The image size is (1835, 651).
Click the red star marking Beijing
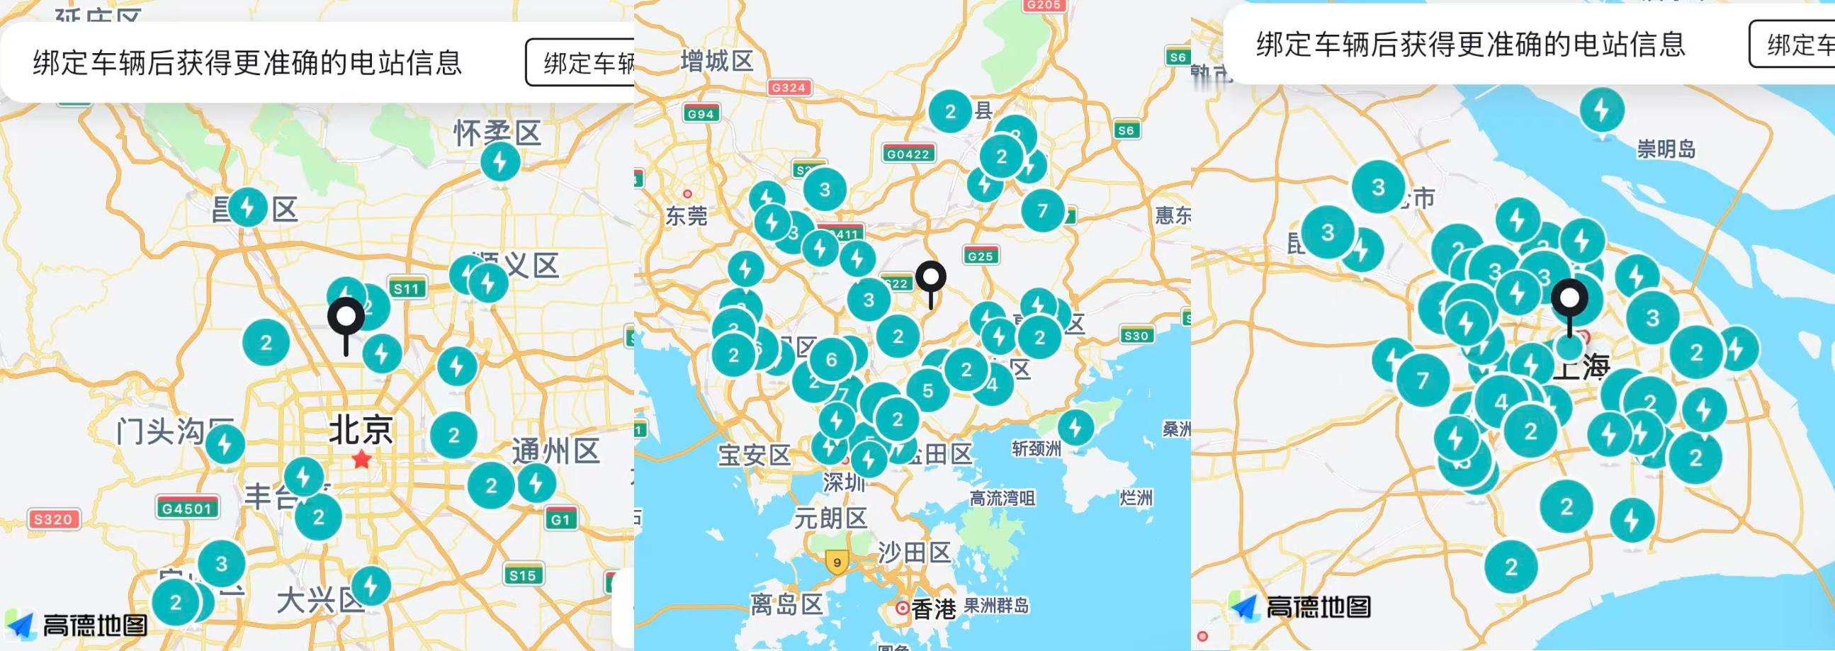[x=362, y=459]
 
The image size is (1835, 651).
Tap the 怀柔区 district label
[x=498, y=132]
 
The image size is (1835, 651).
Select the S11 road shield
[x=407, y=288]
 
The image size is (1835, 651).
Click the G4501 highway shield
[x=186, y=508]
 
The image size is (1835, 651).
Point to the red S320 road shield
[x=53, y=519]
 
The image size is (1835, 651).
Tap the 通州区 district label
[x=555, y=451]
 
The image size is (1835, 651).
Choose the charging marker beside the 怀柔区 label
[x=500, y=163]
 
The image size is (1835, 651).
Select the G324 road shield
[x=789, y=88]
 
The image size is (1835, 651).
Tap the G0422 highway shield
[x=908, y=153]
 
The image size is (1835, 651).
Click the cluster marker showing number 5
[x=927, y=390]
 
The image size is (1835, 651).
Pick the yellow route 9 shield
[x=837, y=562]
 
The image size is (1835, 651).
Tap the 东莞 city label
[x=686, y=215]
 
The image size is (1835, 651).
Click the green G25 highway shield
[x=980, y=256]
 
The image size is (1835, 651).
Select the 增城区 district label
[x=716, y=61]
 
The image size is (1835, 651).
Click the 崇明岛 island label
[x=1666, y=149]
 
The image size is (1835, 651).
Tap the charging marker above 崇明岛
[x=1602, y=111]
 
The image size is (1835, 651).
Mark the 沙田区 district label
[x=914, y=553]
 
